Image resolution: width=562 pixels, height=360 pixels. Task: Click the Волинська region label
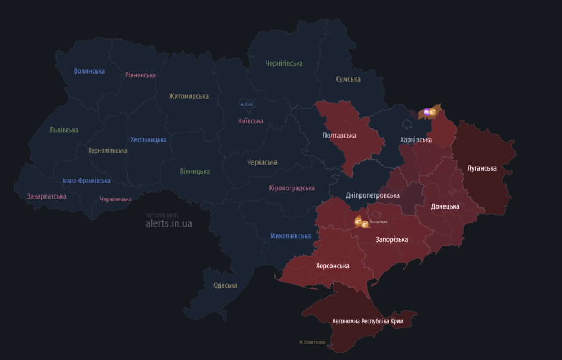pyautogui.click(x=89, y=71)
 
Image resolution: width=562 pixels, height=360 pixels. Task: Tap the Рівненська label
pyautogui.click(x=140, y=75)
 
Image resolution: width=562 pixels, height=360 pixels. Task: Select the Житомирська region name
pyautogui.click(x=188, y=96)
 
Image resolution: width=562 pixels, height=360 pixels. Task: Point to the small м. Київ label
pyautogui.click(x=246, y=104)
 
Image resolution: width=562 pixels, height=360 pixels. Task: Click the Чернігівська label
pyautogui.click(x=284, y=64)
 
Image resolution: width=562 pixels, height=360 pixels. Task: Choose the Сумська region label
pyautogui.click(x=348, y=79)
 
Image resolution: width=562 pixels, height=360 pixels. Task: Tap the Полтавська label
pyautogui.click(x=339, y=136)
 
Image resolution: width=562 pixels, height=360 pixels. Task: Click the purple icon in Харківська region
pyautogui.click(x=426, y=113)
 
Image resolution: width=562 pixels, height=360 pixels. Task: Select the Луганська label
pyautogui.click(x=481, y=168)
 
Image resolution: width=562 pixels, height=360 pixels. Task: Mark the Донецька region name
pyautogui.click(x=445, y=206)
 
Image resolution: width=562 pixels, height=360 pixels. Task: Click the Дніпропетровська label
pyautogui.click(x=373, y=195)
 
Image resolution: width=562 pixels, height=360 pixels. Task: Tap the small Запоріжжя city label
pyautogui.click(x=378, y=222)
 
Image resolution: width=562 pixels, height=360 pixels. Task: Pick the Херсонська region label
pyautogui.click(x=333, y=266)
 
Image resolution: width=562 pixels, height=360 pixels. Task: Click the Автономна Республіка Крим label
pyautogui.click(x=368, y=320)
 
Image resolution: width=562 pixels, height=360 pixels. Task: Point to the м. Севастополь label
pyautogui.click(x=312, y=342)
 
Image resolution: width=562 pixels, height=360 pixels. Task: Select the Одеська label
pyautogui.click(x=225, y=285)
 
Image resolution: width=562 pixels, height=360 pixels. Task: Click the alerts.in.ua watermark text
pyautogui.click(x=168, y=223)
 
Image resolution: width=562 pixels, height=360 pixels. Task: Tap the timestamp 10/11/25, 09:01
pyautogui.click(x=162, y=216)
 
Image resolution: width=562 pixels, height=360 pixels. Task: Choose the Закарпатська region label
pyautogui.click(x=47, y=196)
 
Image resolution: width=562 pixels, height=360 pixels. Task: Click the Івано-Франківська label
pyautogui.click(x=86, y=181)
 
